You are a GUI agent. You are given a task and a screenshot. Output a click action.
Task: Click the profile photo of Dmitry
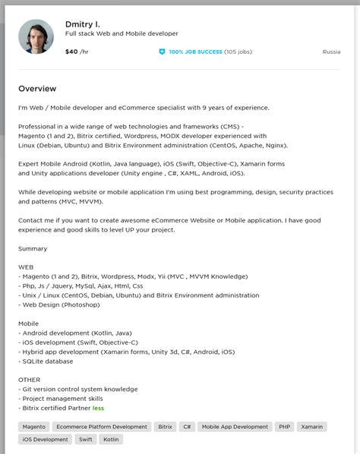36,36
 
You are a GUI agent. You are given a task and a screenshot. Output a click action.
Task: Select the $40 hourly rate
72,52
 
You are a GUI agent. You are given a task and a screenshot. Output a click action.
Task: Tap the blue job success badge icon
162,52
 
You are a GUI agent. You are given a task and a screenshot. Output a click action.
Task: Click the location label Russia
331,52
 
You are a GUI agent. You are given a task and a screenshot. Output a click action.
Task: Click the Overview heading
37,89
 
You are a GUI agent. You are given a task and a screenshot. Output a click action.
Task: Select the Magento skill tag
34,427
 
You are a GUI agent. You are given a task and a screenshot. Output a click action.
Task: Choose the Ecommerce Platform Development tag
102,427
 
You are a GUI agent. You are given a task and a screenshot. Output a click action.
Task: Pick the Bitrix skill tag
165,427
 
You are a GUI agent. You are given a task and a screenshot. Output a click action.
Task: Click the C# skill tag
187,427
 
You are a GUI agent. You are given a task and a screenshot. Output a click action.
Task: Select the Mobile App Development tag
235,427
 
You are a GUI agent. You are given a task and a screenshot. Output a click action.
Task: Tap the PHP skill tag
285,427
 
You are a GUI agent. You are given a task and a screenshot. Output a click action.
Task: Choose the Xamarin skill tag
312,427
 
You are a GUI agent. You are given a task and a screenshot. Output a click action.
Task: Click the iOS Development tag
45,439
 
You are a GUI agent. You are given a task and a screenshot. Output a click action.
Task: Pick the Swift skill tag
86,439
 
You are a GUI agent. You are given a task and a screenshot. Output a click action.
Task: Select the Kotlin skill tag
111,439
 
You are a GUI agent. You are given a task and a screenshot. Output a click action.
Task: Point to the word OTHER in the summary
30,380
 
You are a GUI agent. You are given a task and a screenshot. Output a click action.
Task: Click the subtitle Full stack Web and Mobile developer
122,34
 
